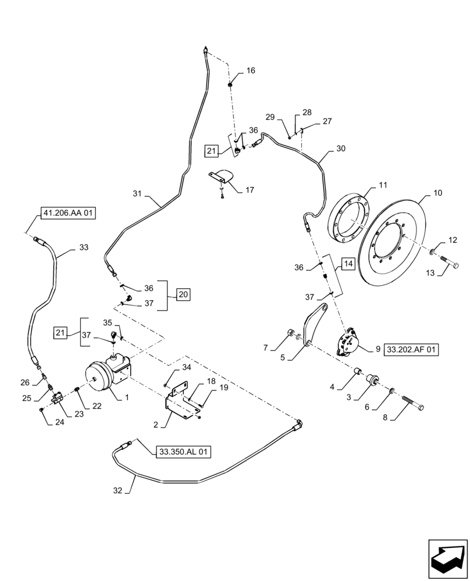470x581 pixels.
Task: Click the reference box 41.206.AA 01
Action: pos(69,214)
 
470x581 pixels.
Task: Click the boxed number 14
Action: pos(348,263)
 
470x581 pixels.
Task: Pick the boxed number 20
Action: pos(183,295)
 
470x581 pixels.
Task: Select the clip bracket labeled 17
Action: pos(222,175)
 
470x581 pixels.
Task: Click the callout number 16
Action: pos(250,71)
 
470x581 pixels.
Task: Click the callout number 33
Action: pos(84,247)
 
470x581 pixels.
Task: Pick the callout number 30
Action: pos(341,148)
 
